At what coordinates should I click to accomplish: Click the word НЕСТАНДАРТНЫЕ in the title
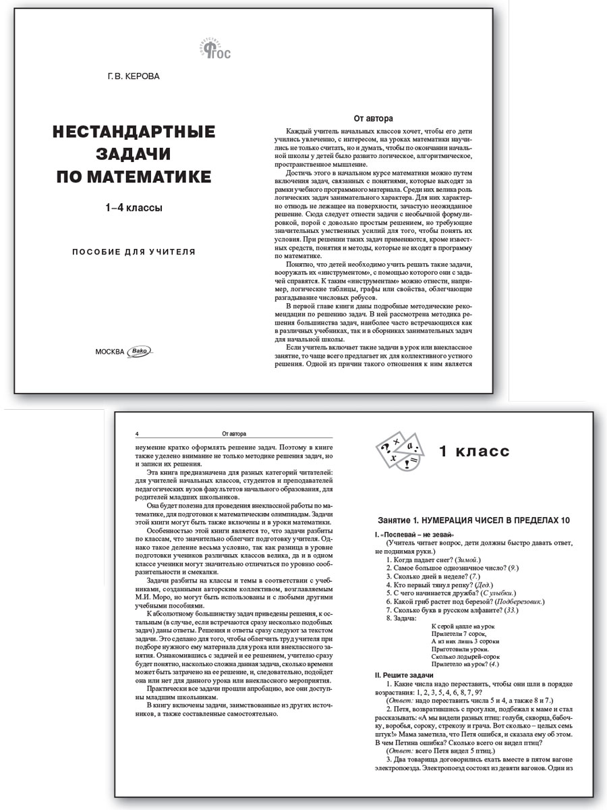click(134, 131)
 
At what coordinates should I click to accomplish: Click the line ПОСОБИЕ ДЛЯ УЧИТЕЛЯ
click(134, 252)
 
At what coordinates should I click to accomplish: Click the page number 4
click(137, 433)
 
